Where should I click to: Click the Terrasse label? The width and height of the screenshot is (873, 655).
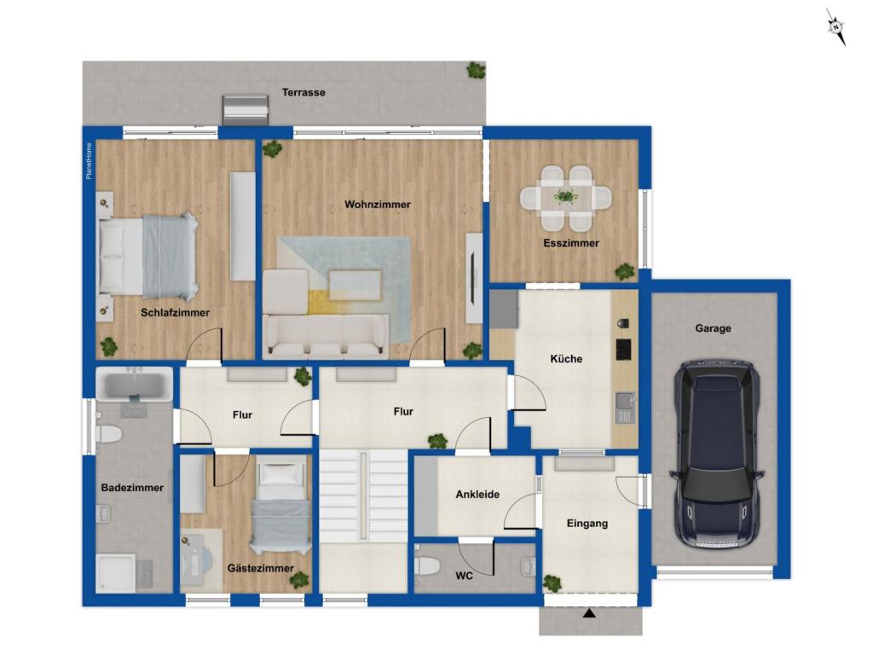(304, 92)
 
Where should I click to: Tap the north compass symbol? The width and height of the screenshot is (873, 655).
(835, 26)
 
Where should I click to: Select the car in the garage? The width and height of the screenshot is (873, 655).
(716, 455)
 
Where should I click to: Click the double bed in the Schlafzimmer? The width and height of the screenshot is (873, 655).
(148, 256)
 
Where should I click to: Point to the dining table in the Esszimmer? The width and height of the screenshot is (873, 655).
(566, 197)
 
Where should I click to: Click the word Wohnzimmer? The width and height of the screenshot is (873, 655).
(378, 205)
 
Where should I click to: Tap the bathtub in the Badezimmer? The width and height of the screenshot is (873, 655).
(134, 384)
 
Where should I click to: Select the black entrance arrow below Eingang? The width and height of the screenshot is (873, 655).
(589, 614)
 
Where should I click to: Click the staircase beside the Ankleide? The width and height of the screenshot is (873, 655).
(363, 496)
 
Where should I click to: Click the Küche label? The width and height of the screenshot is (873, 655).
(566, 359)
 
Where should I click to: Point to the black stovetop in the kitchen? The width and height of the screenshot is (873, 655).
(623, 349)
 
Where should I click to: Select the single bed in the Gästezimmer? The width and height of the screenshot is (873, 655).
(280, 503)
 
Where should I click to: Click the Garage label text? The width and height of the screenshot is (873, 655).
(714, 328)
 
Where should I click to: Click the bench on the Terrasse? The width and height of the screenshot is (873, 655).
(246, 109)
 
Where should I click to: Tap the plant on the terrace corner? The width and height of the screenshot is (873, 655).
(476, 70)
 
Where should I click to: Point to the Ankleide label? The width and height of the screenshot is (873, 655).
(477, 495)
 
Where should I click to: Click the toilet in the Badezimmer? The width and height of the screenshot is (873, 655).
(108, 434)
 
